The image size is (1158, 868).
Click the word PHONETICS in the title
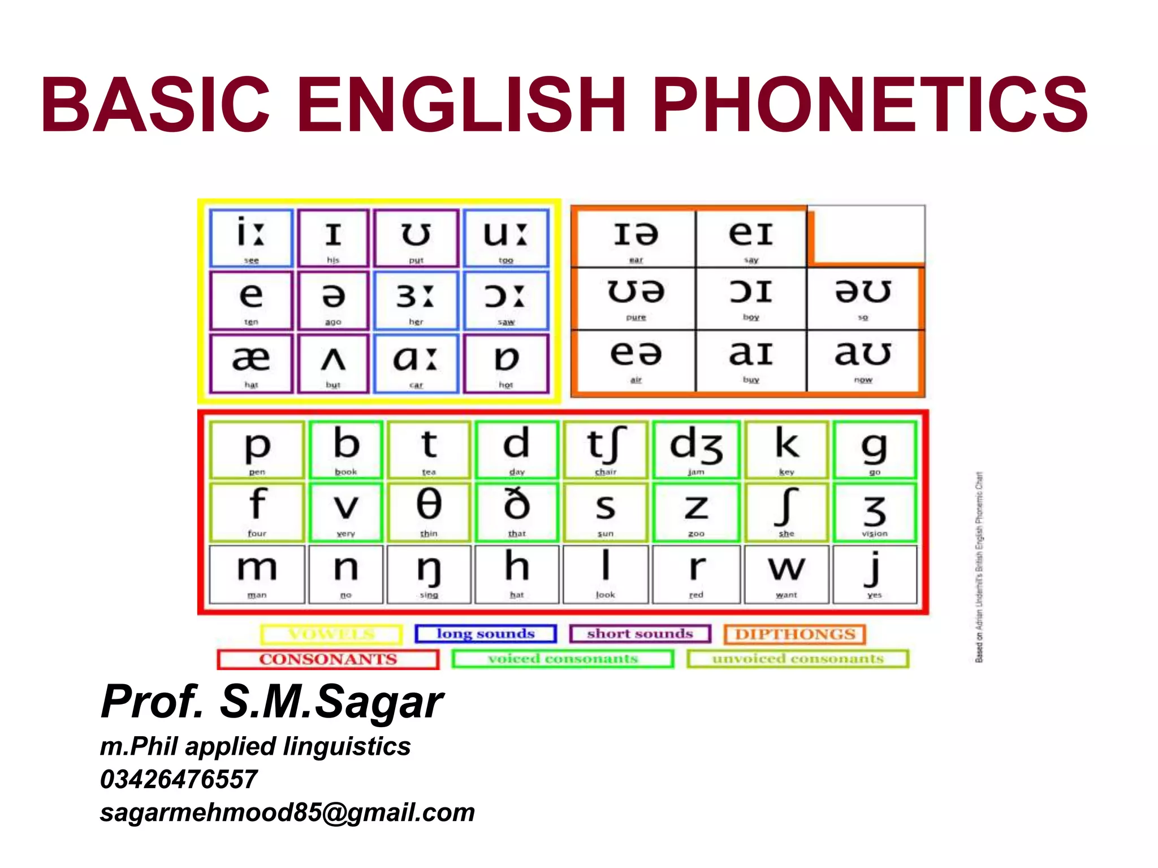(872, 105)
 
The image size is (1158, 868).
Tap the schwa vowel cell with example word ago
(333, 300)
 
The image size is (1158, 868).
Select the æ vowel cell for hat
(251, 363)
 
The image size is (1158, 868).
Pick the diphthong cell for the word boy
(751, 298)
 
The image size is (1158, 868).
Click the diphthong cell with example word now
(863, 360)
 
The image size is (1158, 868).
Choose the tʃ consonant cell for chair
(605, 450)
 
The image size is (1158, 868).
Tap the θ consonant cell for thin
(429, 512)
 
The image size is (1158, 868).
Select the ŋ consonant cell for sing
(429, 574)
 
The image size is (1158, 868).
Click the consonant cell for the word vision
(874, 512)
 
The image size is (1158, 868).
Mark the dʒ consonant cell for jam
(696, 450)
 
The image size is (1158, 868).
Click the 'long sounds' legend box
(486, 634)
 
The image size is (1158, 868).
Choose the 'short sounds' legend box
(640, 634)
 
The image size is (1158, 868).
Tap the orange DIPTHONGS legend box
(794, 634)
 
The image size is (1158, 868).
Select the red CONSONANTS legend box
(328, 659)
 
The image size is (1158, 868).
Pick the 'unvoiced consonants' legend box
(798, 659)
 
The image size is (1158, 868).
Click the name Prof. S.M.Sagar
(272, 702)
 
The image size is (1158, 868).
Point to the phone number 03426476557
(179, 779)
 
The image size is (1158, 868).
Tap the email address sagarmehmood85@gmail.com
(287, 813)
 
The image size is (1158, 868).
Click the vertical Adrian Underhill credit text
(979, 566)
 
